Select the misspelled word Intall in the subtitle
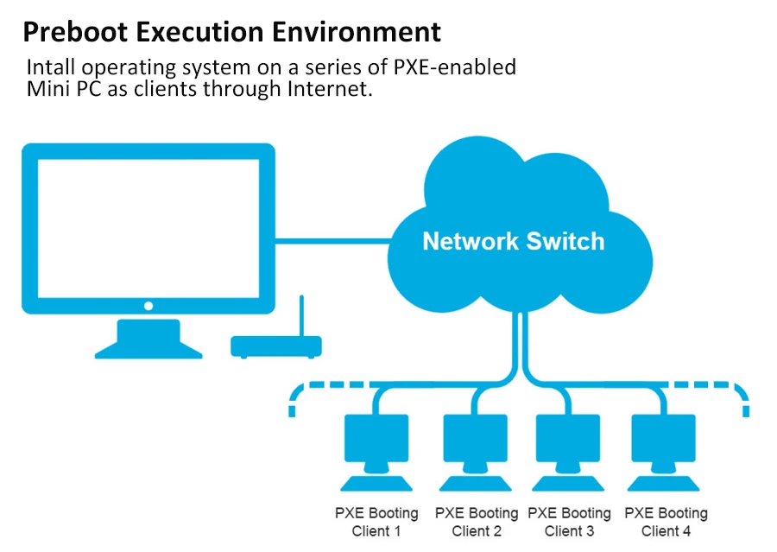click(x=51, y=67)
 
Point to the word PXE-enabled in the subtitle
click(x=455, y=67)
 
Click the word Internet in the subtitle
click(x=330, y=89)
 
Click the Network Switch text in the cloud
click(x=514, y=241)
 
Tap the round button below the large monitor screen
click(x=148, y=306)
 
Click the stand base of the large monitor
click(x=148, y=339)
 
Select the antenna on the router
click(x=301, y=316)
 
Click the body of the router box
click(x=276, y=346)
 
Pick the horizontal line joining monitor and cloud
click(x=333, y=241)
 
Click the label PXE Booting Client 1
click(x=376, y=522)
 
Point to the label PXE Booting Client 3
click(x=570, y=522)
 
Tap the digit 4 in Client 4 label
click(x=686, y=531)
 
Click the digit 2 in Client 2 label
click(x=497, y=531)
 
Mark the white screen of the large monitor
click(x=148, y=229)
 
